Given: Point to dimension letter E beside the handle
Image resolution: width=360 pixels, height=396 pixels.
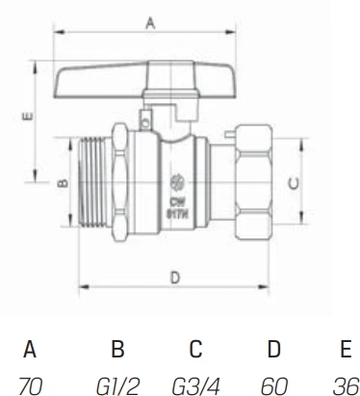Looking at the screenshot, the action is click(x=28, y=116).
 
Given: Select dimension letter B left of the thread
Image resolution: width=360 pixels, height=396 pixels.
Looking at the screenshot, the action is click(x=63, y=183).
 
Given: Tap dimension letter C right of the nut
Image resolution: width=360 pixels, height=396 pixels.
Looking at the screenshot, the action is click(x=293, y=183).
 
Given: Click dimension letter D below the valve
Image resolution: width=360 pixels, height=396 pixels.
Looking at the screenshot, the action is click(x=174, y=277).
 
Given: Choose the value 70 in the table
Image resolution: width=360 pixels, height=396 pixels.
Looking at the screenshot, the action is click(x=31, y=385).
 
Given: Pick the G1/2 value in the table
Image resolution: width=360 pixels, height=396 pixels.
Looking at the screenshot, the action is click(x=117, y=385).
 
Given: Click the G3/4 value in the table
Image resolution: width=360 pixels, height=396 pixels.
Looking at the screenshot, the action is click(x=195, y=385).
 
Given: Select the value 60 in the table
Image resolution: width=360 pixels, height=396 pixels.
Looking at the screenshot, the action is click(x=274, y=385).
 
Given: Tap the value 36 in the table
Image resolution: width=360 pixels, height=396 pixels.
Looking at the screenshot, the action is click(x=346, y=385).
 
